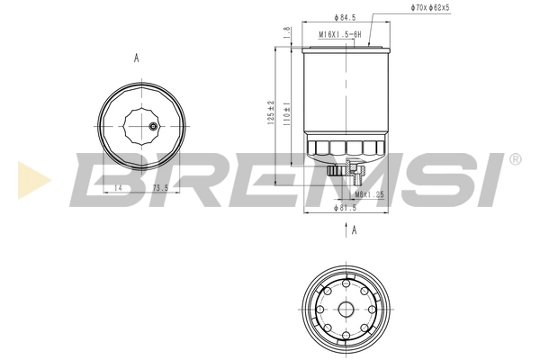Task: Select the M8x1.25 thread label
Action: (369, 193)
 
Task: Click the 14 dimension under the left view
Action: (118, 187)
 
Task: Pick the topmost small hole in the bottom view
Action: (346, 284)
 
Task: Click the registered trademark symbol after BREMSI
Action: (515, 159)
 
